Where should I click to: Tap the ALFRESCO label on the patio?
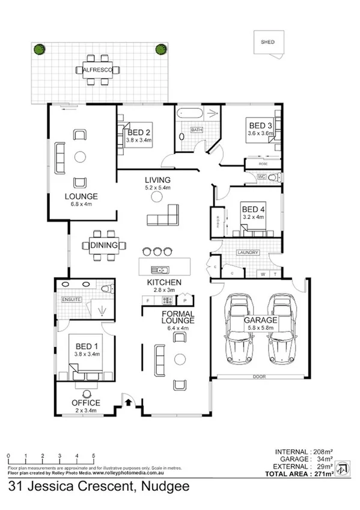pos(98,70)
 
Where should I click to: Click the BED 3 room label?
pos(261,126)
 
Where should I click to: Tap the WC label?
pos(261,177)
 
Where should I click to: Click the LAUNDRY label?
pos(248,253)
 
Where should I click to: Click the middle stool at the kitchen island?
pos(157,251)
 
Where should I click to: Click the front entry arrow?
pos(127,401)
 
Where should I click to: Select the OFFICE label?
pos(85,403)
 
